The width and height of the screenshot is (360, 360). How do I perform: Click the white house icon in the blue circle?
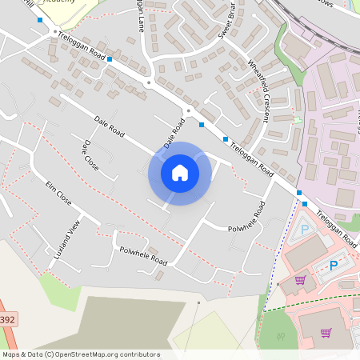pyautogui.click(x=179, y=172)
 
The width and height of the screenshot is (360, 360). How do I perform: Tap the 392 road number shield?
pyautogui.click(x=6, y=318)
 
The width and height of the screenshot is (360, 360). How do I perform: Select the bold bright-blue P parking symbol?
pyautogui.click(x=334, y=266)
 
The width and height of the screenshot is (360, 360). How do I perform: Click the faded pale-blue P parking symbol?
pyautogui.click(x=304, y=230)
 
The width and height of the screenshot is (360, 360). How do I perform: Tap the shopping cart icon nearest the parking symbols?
pyautogui.click(x=300, y=279)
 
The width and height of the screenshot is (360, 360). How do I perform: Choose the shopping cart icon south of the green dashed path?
pyautogui.click(x=326, y=332)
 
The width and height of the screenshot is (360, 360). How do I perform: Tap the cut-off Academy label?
pyautogui.click(x=64, y=3)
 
